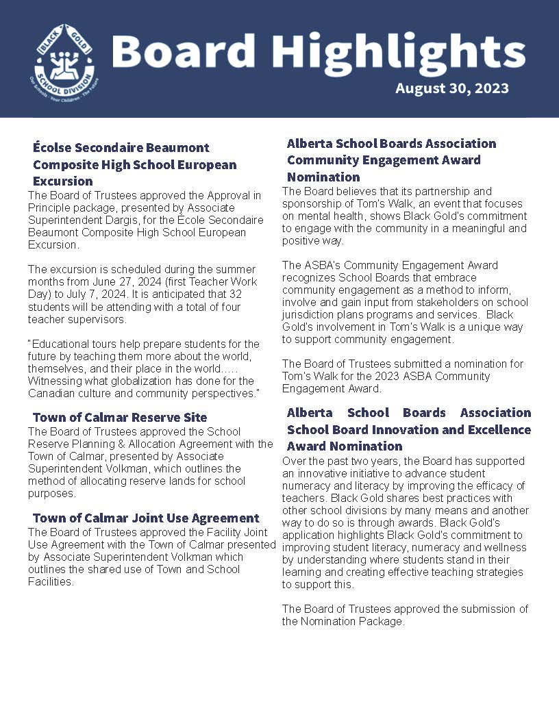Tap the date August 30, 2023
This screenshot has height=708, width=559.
click(451, 88)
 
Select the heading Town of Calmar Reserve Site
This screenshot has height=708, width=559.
click(120, 417)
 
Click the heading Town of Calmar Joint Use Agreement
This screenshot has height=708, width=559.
click(146, 518)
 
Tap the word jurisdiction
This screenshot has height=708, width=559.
click(311, 314)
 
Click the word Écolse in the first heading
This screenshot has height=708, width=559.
click(54, 147)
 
